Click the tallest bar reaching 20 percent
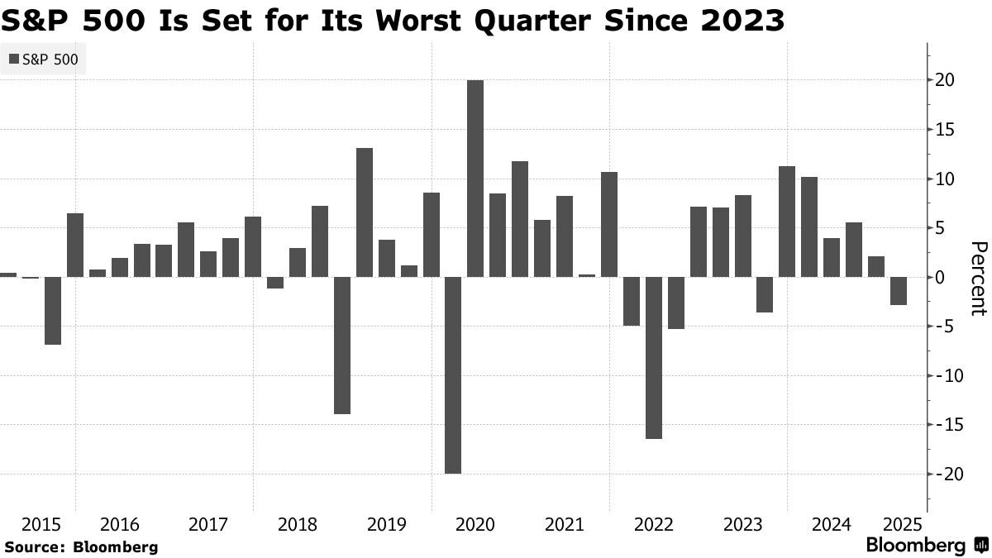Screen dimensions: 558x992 click(475, 178)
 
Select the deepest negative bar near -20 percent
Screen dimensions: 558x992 click(453, 375)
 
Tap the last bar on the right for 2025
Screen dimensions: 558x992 click(899, 291)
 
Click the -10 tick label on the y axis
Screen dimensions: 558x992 click(946, 375)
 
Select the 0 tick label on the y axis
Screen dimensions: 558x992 click(941, 277)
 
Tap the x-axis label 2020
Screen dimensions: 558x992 click(475, 525)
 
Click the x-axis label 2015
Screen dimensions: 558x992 click(41, 525)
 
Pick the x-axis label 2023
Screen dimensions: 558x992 click(742, 525)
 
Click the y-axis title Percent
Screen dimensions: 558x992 click(979, 278)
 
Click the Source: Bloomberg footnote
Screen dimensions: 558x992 click(81, 547)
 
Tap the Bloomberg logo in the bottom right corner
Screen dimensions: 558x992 click(927, 546)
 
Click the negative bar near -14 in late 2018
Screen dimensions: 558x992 click(342, 346)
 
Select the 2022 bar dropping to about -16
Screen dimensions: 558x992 click(654, 358)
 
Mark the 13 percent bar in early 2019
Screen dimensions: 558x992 click(365, 212)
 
